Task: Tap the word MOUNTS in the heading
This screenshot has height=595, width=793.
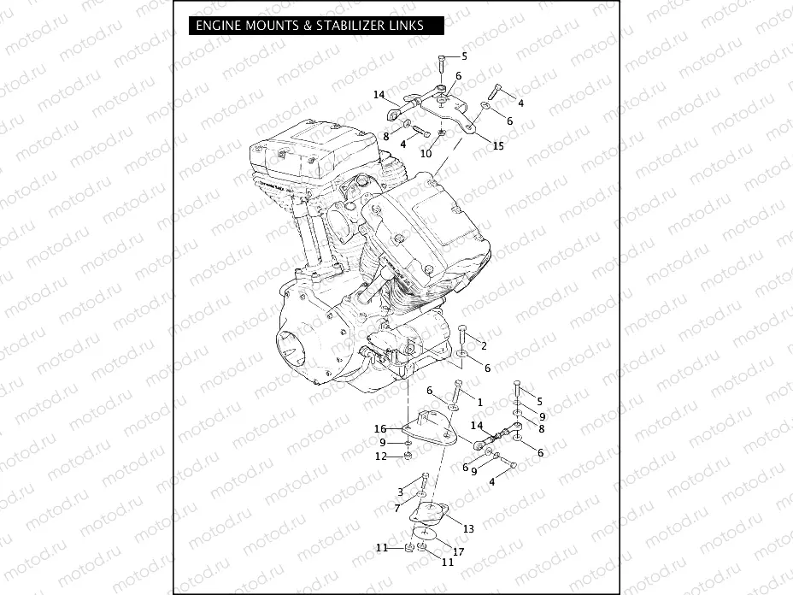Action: coord(271,26)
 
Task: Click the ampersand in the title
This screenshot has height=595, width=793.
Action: coord(308,26)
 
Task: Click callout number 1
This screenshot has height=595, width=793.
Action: coord(480,401)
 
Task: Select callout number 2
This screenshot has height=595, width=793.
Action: coord(484,345)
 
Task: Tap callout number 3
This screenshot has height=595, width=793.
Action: coord(400,492)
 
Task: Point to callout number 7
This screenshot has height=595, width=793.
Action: coord(397,508)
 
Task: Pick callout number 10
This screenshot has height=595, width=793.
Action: coord(425,154)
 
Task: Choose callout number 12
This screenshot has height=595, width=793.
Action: coord(382,457)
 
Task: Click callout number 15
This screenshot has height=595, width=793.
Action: coord(498,145)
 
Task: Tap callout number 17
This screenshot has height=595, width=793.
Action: coord(459,551)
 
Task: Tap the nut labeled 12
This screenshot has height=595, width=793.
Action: coord(408,457)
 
